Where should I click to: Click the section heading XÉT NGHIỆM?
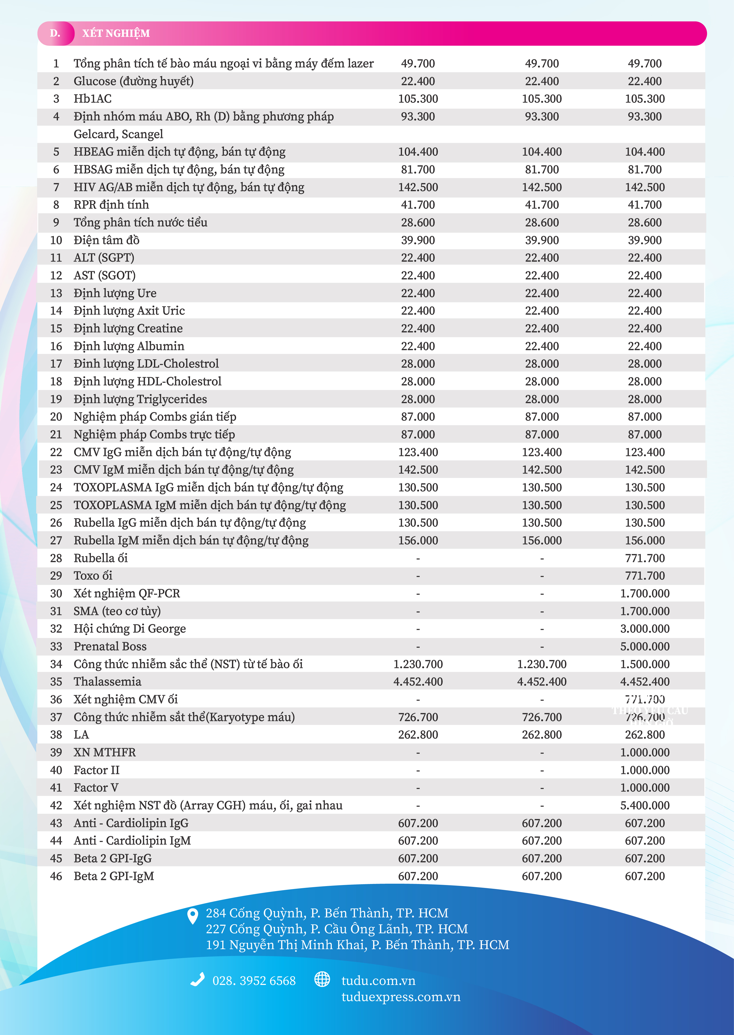click(116, 33)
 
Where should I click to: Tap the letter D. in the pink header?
click(55, 33)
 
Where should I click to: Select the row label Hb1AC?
click(93, 99)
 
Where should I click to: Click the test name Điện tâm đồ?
click(107, 240)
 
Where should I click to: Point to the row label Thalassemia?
click(108, 682)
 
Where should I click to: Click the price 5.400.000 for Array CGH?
click(644, 806)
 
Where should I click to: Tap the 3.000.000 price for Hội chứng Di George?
click(644, 629)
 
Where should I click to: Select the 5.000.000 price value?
click(644, 646)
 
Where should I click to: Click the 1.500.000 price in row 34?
click(644, 664)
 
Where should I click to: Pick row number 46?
click(56, 876)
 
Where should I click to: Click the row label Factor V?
click(96, 788)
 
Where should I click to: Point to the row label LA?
click(81, 735)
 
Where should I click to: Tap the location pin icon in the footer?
click(193, 916)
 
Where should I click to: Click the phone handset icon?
click(197, 980)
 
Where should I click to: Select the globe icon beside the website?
click(322, 979)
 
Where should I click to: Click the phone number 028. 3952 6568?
click(254, 981)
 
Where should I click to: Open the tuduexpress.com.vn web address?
click(401, 997)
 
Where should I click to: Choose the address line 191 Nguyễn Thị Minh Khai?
click(357, 945)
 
